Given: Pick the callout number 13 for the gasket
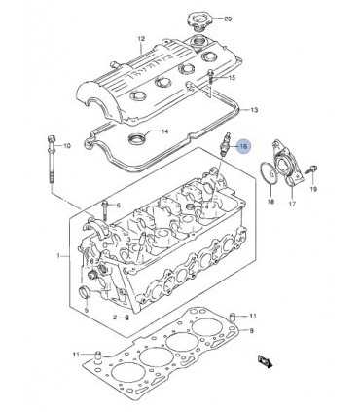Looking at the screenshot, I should point(254,110).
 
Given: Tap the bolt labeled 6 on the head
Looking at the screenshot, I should point(104,206).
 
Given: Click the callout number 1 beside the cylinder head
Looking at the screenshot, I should point(58,256).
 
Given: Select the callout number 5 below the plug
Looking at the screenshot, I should point(85,310).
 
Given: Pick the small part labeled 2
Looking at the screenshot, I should point(115,318).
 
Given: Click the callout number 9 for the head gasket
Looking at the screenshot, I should point(251,332).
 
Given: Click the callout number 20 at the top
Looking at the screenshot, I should point(228,19).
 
